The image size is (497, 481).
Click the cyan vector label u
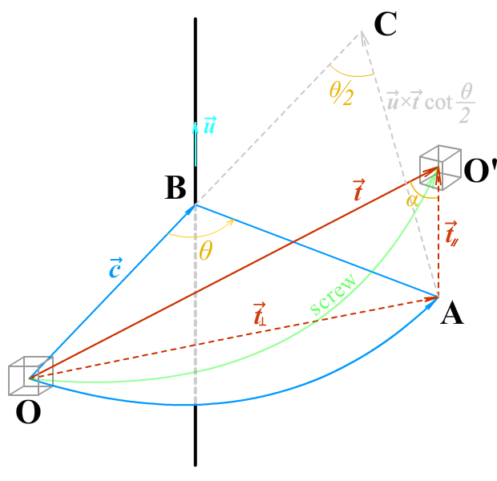(209, 125)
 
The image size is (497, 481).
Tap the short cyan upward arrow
(195, 143)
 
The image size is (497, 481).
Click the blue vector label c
(115, 268)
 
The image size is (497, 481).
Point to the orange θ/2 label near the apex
(341, 93)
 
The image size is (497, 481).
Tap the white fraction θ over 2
(465, 103)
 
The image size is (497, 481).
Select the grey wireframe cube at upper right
(441, 164)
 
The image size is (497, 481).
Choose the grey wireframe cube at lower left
(30, 378)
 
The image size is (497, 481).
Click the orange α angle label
(412, 200)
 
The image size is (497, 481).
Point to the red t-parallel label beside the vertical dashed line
(451, 232)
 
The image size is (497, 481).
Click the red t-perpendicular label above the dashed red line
(259, 315)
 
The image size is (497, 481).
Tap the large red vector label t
(358, 190)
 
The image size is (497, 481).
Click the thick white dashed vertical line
(196, 321)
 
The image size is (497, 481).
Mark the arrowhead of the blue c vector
(192, 208)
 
